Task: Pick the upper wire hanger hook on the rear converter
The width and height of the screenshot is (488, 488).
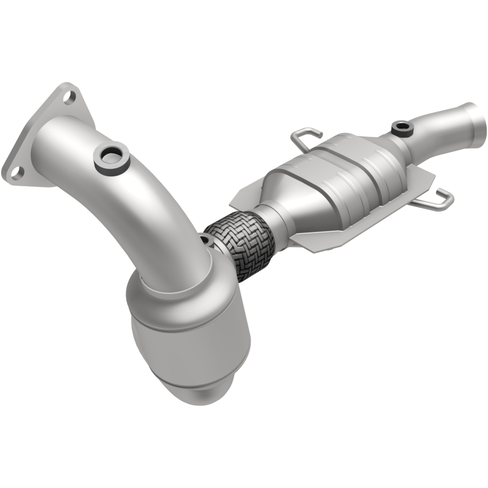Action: [x=305, y=137]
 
